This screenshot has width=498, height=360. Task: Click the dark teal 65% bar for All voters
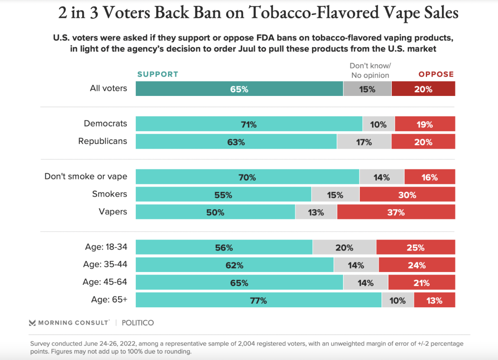[x=239, y=89]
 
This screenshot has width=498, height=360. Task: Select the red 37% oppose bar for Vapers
[x=396, y=212]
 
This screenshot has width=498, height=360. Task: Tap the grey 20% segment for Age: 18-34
[x=344, y=247]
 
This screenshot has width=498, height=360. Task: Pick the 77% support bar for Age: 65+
[x=258, y=300]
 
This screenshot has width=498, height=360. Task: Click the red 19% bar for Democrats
[x=425, y=124]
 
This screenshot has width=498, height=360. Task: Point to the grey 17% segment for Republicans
[x=364, y=142]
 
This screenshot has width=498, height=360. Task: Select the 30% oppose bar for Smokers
[x=407, y=195]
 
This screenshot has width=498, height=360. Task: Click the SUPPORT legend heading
[x=158, y=74]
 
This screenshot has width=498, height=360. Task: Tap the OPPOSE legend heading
[x=436, y=74]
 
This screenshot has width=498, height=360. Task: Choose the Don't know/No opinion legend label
[x=370, y=71]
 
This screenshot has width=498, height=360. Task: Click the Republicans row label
[x=103, y=142]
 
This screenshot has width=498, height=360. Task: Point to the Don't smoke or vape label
[x=86, y=176]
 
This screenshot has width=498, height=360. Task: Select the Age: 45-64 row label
[x=105, y=282]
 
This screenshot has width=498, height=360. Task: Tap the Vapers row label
[x=113, y=212]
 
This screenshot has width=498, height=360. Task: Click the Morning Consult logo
[x=69, y=323]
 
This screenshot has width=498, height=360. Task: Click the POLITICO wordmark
[x=138, y=323]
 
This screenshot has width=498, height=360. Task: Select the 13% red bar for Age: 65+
[x=434, y=300]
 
